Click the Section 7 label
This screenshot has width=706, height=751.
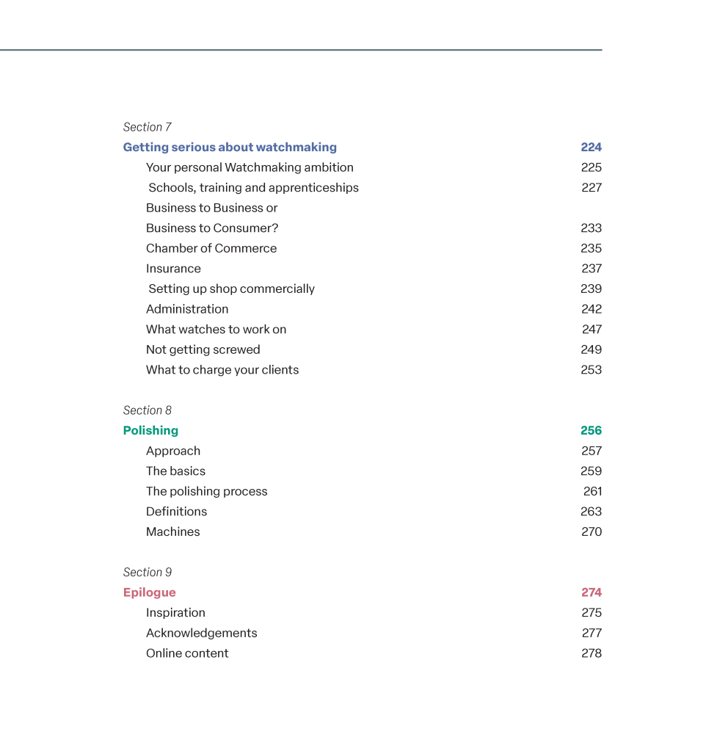click(147, 127)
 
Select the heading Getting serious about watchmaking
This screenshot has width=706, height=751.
click(230, 148)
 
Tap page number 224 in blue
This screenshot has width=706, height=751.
click(591, 148)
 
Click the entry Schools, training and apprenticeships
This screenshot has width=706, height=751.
click(253, 188)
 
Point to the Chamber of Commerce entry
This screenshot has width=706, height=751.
click(211, 249)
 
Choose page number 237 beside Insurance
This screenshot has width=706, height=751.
click(592, 269)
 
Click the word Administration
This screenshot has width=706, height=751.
click(187, 309)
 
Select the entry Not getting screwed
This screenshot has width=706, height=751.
click(203, 350)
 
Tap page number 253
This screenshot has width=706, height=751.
click(591, 370)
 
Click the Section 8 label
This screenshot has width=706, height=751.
click(147, 410)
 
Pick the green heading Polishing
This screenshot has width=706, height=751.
click(150, 431)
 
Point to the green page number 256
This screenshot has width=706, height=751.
click(591, 431)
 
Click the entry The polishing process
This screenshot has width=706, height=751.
click(206, 492)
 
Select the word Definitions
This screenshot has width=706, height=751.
click(176, 512)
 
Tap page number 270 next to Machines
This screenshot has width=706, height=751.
click(592, 532)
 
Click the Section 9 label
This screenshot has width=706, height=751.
click(147, 573)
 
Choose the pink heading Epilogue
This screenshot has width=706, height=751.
click(149, 593)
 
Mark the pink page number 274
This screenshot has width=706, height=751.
click(592, 593)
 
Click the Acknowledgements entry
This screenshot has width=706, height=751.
click(201, 634)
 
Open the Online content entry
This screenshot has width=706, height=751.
click(187, 653)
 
